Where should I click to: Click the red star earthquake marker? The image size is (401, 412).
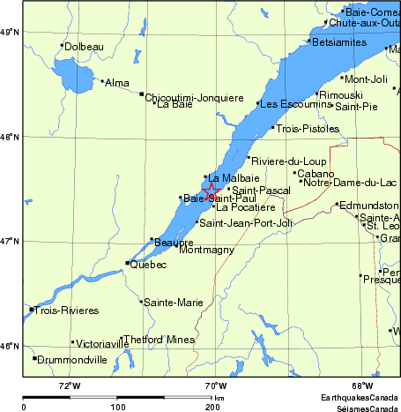[212, 191]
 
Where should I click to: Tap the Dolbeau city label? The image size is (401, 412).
[85, 46]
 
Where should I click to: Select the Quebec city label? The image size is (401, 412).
[148, 264]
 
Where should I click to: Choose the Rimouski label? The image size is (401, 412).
[340, 94]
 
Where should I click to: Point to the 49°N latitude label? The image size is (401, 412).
[10, 32]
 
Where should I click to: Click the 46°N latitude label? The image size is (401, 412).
[10, 345]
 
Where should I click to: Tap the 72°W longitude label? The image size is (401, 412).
[70, 386]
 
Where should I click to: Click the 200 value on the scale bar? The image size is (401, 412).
[212, 408]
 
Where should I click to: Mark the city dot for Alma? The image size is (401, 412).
[101, 81]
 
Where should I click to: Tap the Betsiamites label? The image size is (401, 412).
[337, 41]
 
